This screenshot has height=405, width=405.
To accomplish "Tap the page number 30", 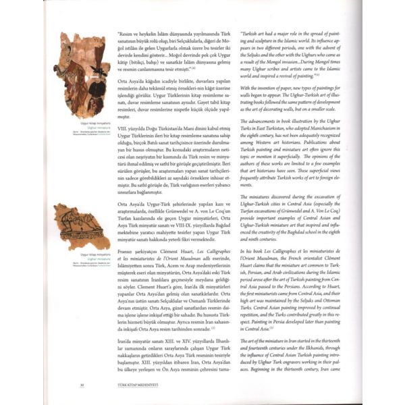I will point(82,385).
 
